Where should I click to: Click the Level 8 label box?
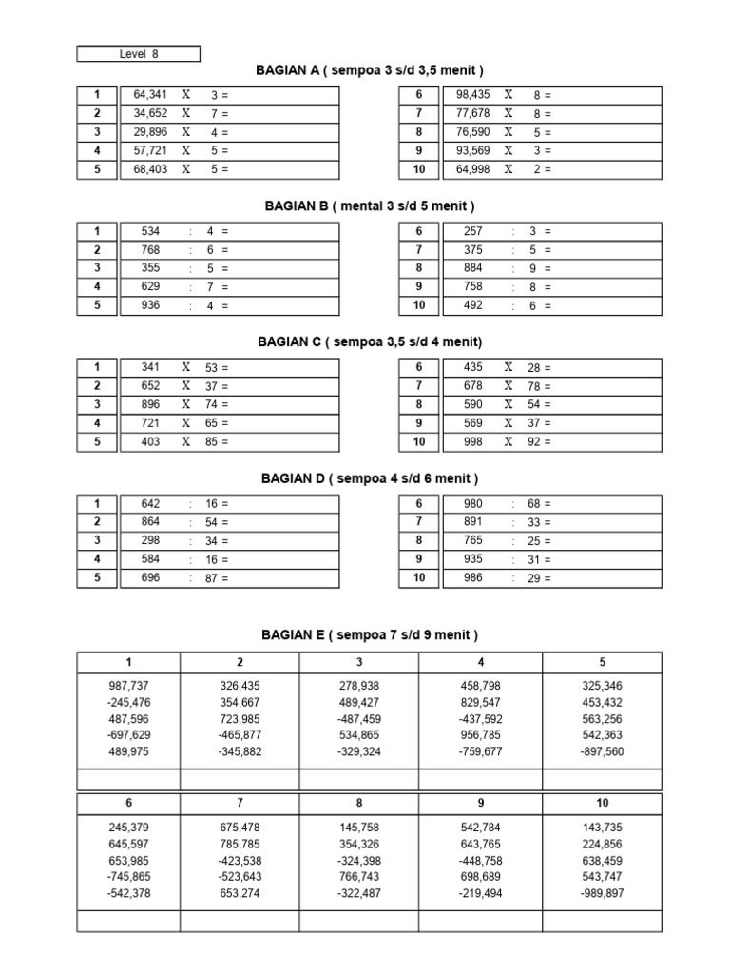pyautogui.click(x=139, y=54)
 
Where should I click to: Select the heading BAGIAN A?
pyautogui.click(x=370, y=70)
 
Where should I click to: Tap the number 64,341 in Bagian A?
pyautogui.click(x=150, y=95)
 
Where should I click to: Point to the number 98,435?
pyautogui.click(x=473, y=95)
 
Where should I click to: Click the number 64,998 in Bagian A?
pyautogui.click(x=473, y=169)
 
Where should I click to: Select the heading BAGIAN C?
pyautogui.click(x=370, y=341)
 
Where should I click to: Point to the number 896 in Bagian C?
pyautogui.click(x=150, y=404)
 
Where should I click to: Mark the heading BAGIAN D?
pyautogui.click(x=369, y=477)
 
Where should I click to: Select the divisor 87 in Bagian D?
pyautogui.click(x=212, y=578)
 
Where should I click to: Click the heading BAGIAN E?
pyautogui.click(x=369, y=634)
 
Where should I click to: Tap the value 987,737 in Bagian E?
pyautogui.click(x=129, y=685)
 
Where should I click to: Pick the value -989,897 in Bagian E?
pyautogui.click(x=603, y=893)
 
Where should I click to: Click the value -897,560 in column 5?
pyautogui.click(x=603, y=751)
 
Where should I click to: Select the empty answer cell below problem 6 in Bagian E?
pyautogui.click(x=129, y=921)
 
